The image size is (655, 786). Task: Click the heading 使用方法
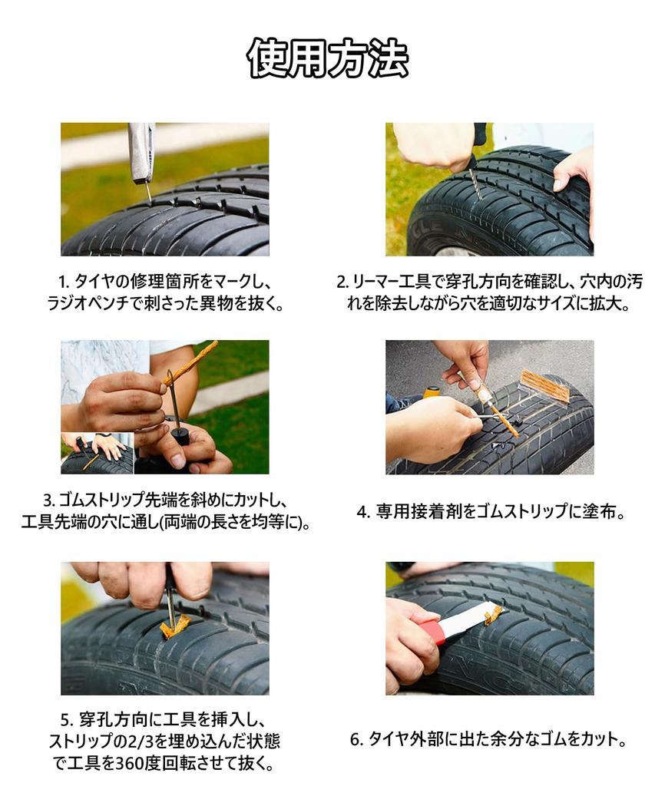[327, 58]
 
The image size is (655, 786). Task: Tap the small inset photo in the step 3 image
[98, 453]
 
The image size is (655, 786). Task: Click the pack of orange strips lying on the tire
[546, 385]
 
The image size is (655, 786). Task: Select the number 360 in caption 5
[130, 764]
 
